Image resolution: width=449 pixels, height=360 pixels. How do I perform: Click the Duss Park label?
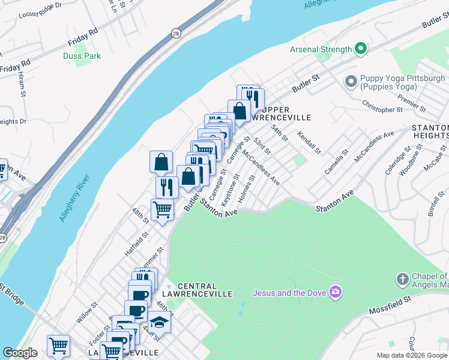pyautogui.click(x=82, y=56)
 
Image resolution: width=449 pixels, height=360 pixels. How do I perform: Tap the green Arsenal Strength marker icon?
pyautogui.click(x=361, y=49)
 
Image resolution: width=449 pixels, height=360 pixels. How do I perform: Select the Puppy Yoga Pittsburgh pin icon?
pyautogui.click(x=351, y=80)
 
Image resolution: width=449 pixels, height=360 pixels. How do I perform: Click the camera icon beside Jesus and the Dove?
pyautogui.click(x=336, y=292)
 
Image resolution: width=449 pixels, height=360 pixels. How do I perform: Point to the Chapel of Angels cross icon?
pyautogui.click(x=402, y=279)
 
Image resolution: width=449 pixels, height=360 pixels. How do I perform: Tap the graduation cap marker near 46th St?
pyautogui.click(x=159, y=323)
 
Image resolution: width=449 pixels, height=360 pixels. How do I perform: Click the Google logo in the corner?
pyautogui.click(x=20, y=353)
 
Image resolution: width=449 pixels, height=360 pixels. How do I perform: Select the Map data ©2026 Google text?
pyautogui.click(x=411, y=355)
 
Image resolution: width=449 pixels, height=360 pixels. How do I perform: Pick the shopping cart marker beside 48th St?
pyautogui.click(x=163, y=210)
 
